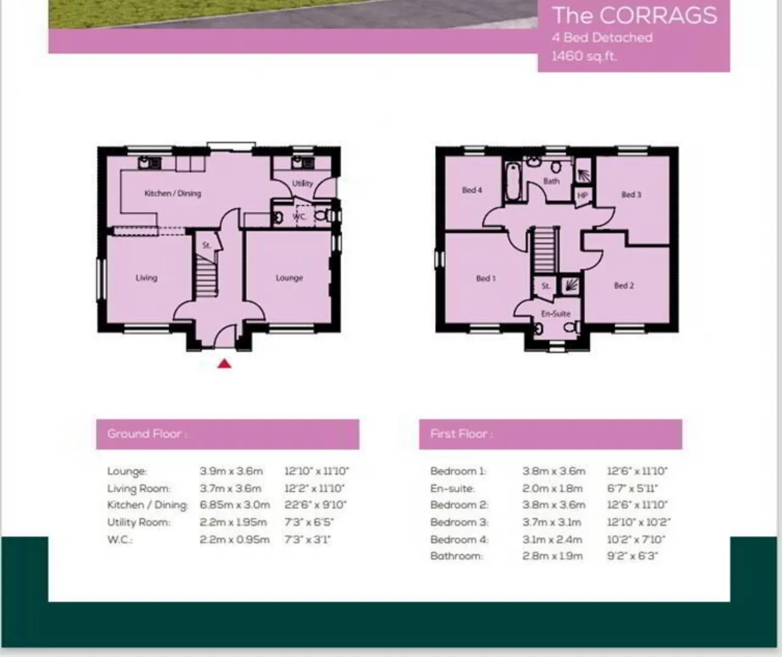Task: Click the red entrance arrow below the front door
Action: point(224,363)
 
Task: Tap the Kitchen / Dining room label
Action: point(173,193)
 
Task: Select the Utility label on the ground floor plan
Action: point(302,183)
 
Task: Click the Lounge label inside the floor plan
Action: point(289,278)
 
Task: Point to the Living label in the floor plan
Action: point(147,277)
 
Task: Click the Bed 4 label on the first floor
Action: point(472,190)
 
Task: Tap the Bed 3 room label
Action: point(632,195)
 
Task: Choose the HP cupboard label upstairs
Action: point(582,195)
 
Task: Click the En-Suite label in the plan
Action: point(556,313)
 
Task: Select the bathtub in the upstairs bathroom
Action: point(512,182)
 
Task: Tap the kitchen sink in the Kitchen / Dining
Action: point(150,163)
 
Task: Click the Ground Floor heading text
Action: point(147,434)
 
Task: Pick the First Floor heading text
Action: point(461,434)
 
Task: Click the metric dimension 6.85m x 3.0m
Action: point(235,504)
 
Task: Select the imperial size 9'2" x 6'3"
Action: point(632,556)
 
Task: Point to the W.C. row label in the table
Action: point(120,540)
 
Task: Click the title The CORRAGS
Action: point(635,16)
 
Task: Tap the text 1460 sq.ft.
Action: point(584,56)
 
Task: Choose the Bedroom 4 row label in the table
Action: point(459,539)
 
